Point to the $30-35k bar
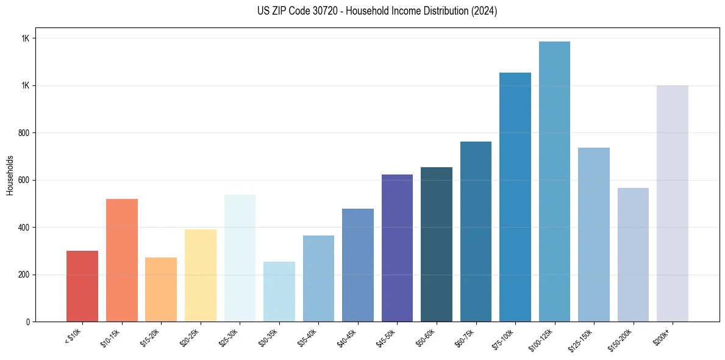279,291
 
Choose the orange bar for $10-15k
122,260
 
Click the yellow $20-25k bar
201,275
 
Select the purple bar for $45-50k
397,248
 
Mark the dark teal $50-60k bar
437,244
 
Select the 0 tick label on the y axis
28,322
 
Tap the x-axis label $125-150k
582,339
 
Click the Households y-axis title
10,175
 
